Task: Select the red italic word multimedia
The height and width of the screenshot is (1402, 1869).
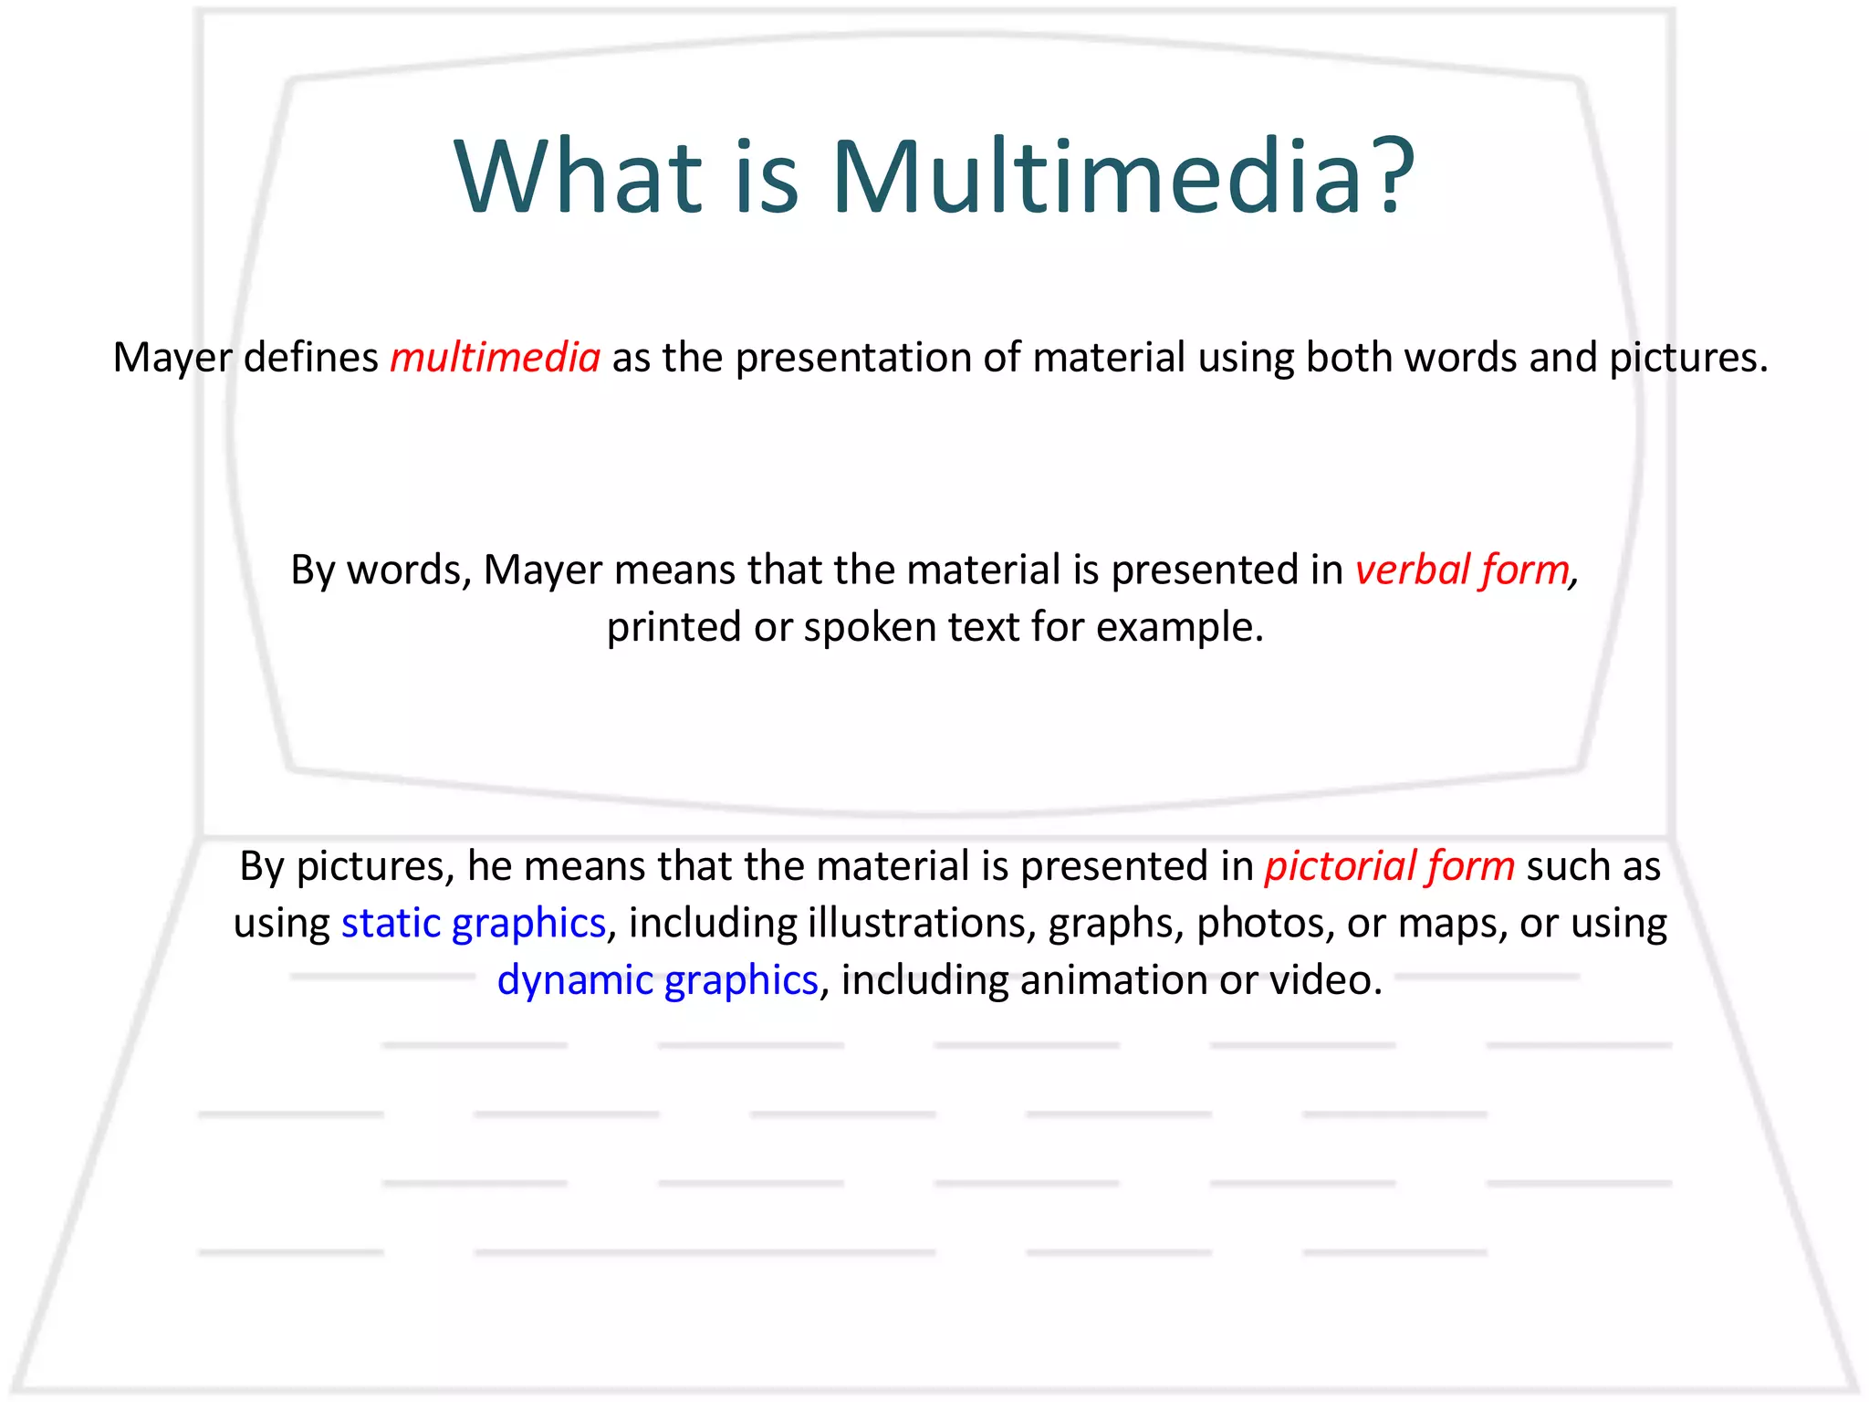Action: click(495, 357)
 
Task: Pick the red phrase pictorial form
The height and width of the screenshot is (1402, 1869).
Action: click(1389, 865)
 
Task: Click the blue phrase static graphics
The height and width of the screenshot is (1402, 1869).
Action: click(474, 924)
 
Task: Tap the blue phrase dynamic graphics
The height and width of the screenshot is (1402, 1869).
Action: click(657, 980)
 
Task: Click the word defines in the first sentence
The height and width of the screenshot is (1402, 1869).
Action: click(310, 357)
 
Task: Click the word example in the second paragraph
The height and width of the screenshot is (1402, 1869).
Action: click(1178, 628)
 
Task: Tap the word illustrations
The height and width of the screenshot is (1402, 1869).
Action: click(921, 924)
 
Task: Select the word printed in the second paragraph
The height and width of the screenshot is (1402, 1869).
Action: click(674, 628)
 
